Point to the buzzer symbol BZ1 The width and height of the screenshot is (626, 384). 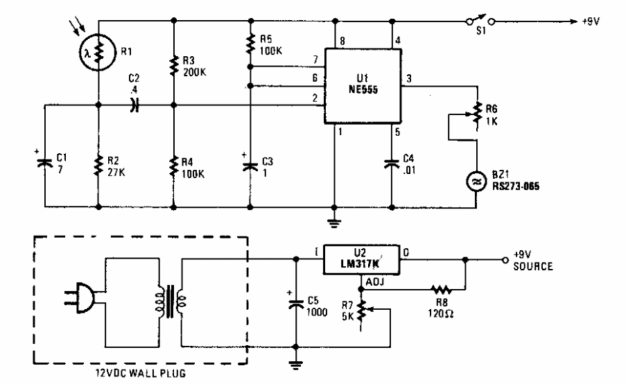tap(478, 182)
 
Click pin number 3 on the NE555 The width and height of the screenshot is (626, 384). tap(408, 80)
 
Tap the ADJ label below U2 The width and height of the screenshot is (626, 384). tap(374, 281)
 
